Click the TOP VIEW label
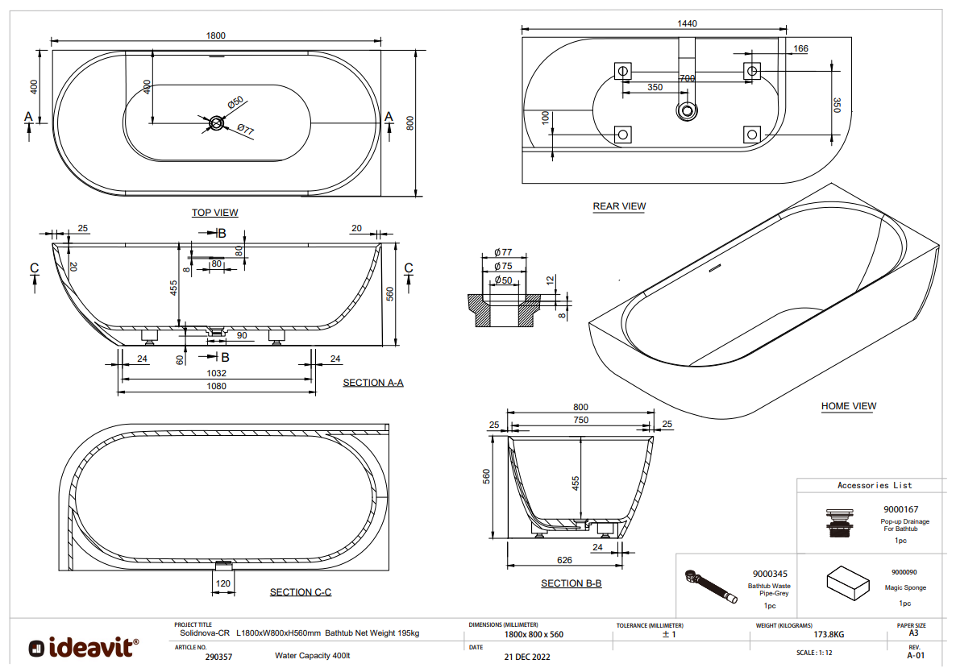click(214, 213)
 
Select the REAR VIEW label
click(619, 206)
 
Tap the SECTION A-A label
click(373, 383)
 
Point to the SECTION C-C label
click(301, 592)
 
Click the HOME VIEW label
click(849, 406)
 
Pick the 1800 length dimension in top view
click(215, 35)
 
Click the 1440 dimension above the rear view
click(687, 24)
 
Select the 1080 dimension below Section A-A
click(216, 386)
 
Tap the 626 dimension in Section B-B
click(564, 560)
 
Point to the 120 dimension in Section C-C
click(222, 583)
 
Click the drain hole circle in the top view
click(216, 123)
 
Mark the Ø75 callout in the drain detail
click(504, 267)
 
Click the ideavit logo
click(83, 647)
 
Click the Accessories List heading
click(875, 485)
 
